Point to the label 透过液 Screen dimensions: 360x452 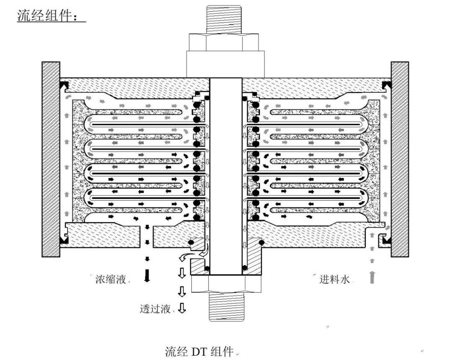tap(155, 309)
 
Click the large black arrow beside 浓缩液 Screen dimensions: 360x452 tap(146, 276)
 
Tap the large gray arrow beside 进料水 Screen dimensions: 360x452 tap(372, 276)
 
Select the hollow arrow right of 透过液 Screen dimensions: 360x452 tap(182, 309)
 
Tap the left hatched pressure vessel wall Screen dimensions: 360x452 tap(51, 159)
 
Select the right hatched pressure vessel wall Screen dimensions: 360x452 tap(400, 159)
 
